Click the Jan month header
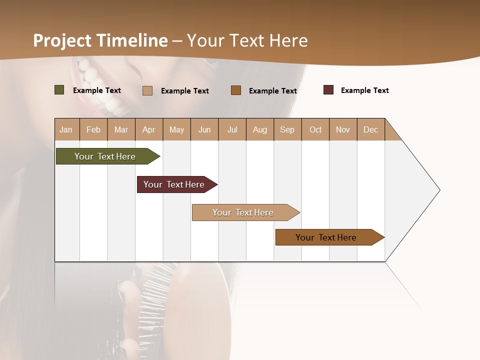tap(66, 129)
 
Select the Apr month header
tap(148, 129)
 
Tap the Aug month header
tap(259, 129)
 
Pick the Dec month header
tap(370, 129)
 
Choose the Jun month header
tap(204, 129)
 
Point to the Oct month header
tap(315, 129)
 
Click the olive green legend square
tap(59, 90)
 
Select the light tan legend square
tap(147, 90)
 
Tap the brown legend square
tap(236, 90)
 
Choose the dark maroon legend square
tap(328, 90)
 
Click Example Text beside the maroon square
tap(364, 90)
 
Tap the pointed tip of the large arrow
tap(439, 190)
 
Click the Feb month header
tap(93, 129)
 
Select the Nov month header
tap(343, 129)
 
